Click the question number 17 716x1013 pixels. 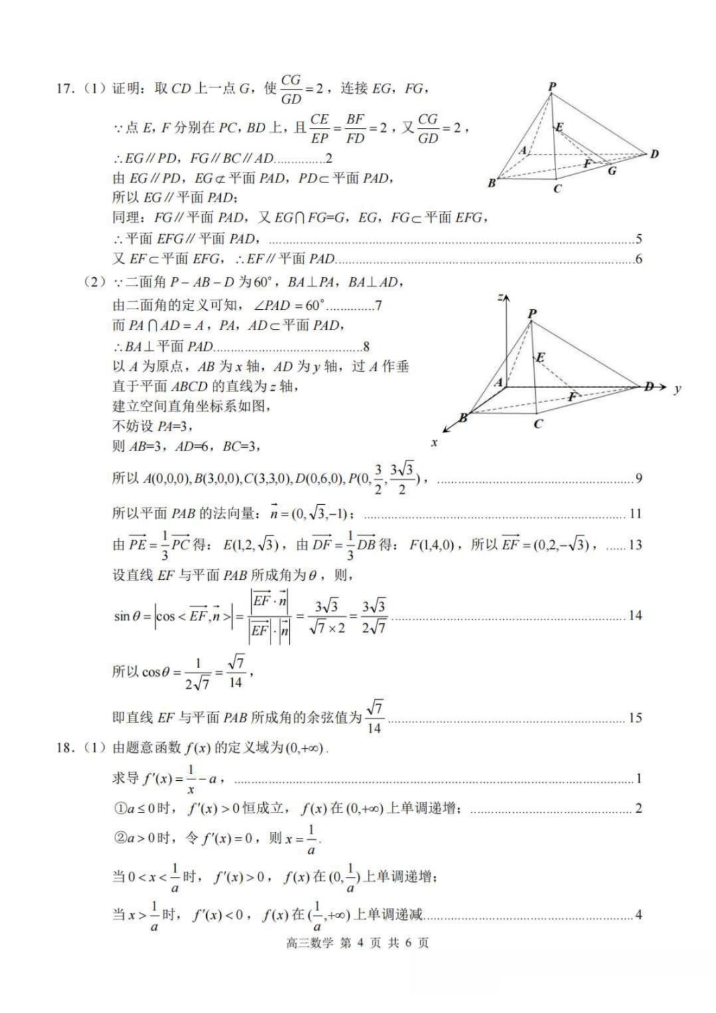pos(64,88)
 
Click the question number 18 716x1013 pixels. pos(64,748)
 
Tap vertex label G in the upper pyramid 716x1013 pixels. pos(612,171)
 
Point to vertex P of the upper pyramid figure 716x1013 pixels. pos(552,86)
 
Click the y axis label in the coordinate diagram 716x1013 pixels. pos(677,389)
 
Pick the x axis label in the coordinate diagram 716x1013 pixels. pos(434,442)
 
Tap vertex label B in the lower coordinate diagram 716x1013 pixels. pos(463,418)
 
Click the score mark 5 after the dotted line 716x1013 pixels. pos(638,239)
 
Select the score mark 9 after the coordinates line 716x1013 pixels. pos(638,478)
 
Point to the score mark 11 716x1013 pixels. pos(635,513)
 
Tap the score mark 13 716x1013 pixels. pos(635,545)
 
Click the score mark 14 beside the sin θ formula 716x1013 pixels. pos(635,615)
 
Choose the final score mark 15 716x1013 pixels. pos(635,717)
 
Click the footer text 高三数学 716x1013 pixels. pos(310,943)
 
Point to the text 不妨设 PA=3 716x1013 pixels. pos(152,426)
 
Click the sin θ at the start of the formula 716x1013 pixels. pos(127,616)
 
